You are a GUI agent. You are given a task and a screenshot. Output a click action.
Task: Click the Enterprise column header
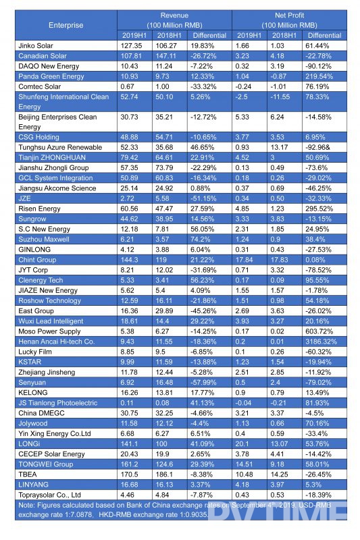point(66,25)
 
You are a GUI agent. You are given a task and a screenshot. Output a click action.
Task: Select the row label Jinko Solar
point(36,45)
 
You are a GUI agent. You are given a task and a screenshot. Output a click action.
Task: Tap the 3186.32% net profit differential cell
point(321,342)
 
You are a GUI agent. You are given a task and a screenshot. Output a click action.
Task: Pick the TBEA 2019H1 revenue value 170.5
point(130,475)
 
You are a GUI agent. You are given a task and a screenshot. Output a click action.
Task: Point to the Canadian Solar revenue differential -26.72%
point(203,56)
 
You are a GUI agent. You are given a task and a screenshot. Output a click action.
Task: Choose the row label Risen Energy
point(39,209)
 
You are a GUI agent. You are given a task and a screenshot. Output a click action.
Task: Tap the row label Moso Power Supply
point(49,331)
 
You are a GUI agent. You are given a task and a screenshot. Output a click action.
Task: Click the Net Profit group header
point(289,15)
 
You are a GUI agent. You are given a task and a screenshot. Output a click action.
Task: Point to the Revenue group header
point(174,15)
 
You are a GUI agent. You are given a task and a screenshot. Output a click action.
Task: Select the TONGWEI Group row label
point(46,464)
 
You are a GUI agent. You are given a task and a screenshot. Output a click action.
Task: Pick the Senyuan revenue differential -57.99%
point(203,382)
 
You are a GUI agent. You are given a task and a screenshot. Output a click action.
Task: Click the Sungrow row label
point(32,219)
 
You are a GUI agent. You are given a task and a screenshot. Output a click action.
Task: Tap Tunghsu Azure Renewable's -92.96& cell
point(317,147)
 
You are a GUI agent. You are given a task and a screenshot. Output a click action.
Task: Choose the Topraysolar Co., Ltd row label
point(49,495)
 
